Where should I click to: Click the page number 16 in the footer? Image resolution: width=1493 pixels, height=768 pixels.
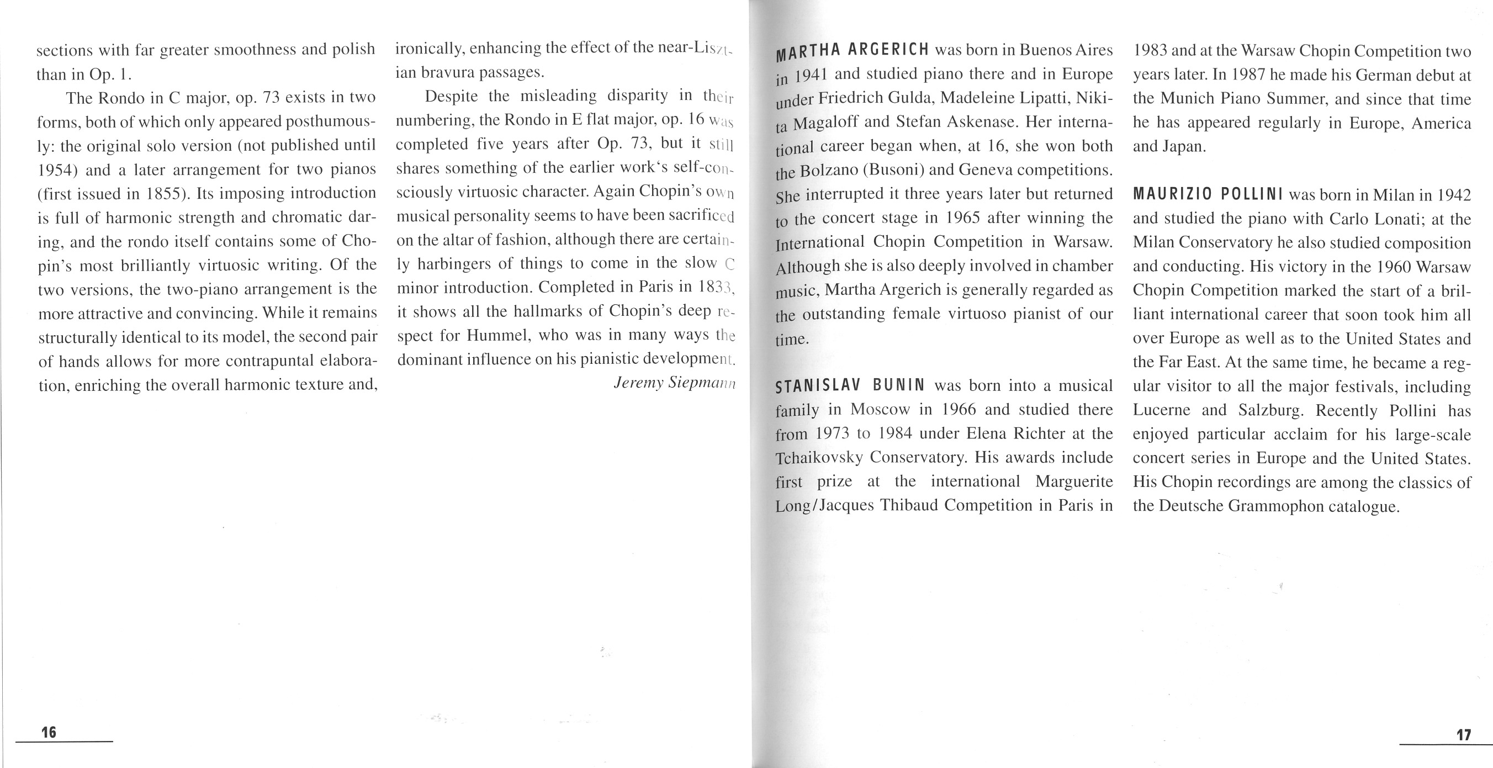[49, 732]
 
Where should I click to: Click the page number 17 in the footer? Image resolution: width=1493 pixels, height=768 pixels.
[1463, 735]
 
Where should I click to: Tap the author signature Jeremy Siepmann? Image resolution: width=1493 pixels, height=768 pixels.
[674, 383]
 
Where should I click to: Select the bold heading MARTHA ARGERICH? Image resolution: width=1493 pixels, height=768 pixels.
[852, 51]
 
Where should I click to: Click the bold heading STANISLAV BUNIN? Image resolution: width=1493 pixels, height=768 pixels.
[850, 385]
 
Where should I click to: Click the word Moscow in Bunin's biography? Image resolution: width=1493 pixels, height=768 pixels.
[880, 410]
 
